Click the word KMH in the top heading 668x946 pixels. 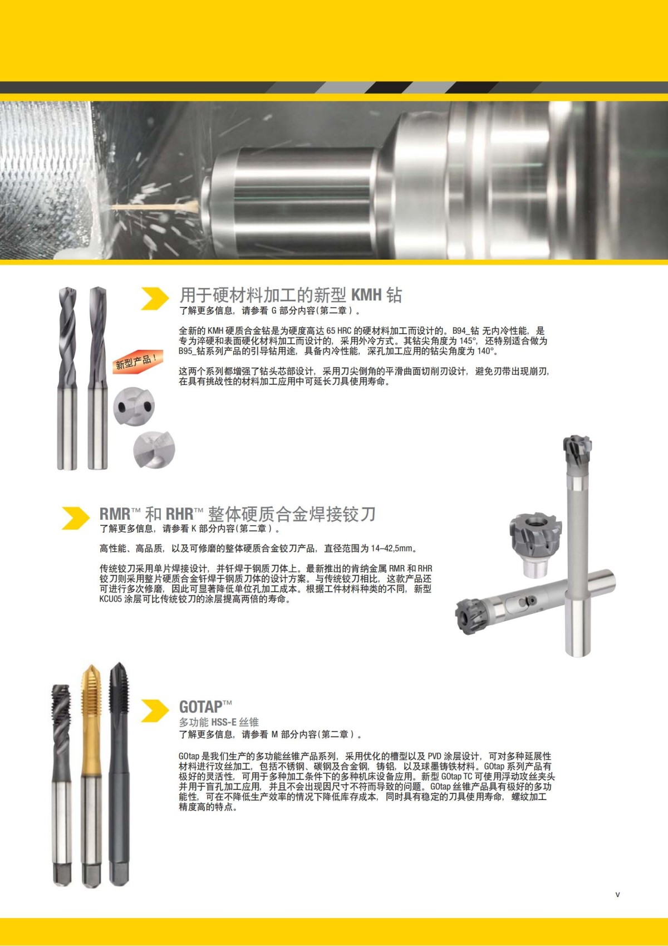click(367, 295)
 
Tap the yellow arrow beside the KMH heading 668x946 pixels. click(154, 299)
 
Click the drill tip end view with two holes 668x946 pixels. click(134, 407)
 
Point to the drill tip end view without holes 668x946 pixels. click(154, 449)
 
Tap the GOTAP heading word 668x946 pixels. click(200, 707)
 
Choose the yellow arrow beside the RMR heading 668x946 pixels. click(75, 518)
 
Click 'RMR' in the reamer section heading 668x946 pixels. click(115, 514)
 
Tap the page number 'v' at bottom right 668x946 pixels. click(617, 894)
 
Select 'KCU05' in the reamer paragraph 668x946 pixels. click(110, 599)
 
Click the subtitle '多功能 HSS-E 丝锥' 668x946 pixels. click(219, 722)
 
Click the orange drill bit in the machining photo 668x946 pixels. click(153, 208)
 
